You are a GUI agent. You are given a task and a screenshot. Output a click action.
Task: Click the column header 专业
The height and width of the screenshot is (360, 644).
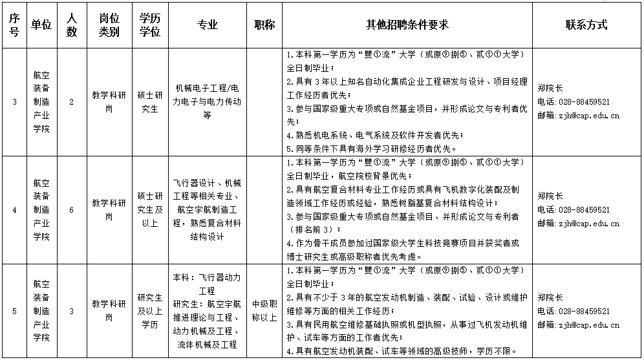click(208, 25)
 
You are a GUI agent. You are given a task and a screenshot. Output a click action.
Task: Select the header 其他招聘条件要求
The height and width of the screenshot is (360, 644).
click(407, 25)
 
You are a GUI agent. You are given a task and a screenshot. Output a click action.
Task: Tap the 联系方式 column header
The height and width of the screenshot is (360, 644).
click(586, 25)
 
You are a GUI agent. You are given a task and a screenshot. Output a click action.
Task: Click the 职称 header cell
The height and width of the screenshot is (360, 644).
click(264, 25)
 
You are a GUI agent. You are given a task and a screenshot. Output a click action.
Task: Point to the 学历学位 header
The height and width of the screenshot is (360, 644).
click(149, 25)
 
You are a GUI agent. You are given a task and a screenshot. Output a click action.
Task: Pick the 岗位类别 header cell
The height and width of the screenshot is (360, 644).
click(109, 25)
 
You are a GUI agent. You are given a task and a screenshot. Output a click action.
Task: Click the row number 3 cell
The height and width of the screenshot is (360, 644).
click(14, 101)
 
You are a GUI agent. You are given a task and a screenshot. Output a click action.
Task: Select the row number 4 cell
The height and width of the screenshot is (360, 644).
click(14, 209)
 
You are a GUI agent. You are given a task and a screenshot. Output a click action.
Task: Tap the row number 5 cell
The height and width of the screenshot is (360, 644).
click(14, 312)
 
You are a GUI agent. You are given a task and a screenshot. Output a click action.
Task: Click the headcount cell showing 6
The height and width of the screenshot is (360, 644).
click(71, 209)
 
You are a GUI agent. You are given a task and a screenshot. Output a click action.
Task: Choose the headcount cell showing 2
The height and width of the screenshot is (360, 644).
click(71, 101)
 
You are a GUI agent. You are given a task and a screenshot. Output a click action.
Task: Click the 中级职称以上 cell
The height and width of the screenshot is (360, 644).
click(264, 311)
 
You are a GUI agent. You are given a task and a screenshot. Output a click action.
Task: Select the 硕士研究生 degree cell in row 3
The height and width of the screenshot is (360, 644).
click(149, 101)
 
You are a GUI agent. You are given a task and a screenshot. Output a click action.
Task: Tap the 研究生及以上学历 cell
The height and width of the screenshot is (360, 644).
click(149, 311)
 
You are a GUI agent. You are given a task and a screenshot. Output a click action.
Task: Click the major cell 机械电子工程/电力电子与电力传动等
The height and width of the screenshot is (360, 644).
click(208, 101)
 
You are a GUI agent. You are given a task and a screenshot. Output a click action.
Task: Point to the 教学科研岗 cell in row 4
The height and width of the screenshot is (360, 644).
click(109, 209)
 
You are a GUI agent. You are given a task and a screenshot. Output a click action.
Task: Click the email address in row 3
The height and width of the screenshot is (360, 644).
click(578, 116)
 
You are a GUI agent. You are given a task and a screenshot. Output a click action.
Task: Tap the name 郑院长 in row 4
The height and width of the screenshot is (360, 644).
click(550, 195)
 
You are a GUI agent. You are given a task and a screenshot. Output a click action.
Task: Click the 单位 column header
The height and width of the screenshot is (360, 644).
click(41, 25)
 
